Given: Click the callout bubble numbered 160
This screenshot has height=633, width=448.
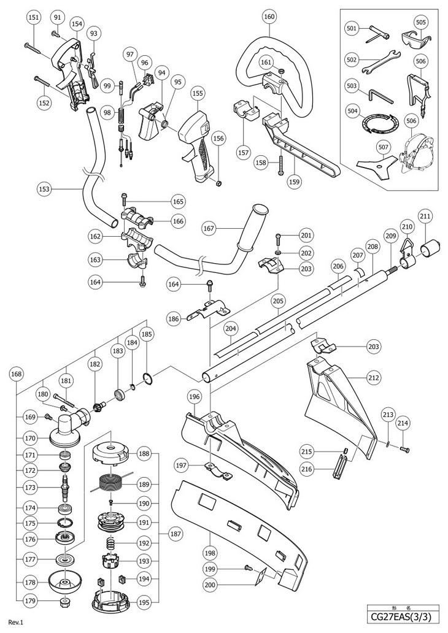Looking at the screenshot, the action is coord(269,17).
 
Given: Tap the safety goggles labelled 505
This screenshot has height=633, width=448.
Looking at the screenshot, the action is coord(416,39).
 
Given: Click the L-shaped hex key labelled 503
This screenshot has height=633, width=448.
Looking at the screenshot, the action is coord(380,96).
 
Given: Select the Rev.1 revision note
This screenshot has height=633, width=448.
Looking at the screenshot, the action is coord(16,622).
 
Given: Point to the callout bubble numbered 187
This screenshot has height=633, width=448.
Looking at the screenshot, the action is coord(176,534).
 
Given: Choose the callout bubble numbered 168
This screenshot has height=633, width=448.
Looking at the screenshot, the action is coord(16,374).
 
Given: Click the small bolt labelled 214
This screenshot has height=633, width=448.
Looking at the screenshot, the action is coord(404,449).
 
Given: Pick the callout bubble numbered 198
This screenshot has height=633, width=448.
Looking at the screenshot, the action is coord(210,553).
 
